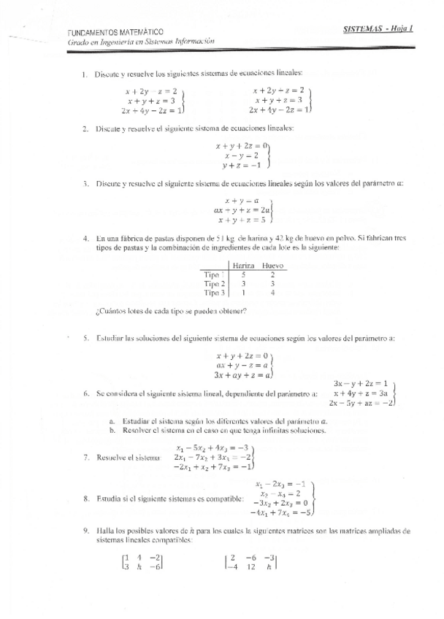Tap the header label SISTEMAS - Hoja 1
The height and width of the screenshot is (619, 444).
[378, 28]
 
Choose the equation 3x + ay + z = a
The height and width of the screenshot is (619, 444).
[242, 374]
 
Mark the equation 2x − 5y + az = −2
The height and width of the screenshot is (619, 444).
[361, 402]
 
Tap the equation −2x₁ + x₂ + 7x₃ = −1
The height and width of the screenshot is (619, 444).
[213, 466]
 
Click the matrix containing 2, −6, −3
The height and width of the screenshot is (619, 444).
[253, 564]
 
